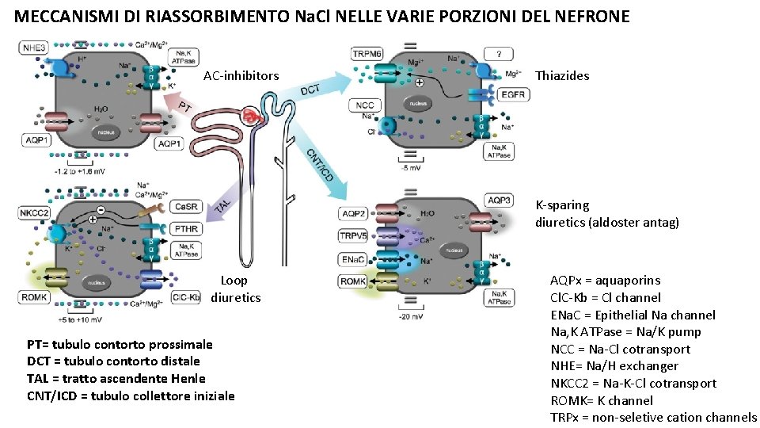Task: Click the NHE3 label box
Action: (34, 48)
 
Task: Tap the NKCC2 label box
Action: (34, 212)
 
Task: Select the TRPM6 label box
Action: (367, 53)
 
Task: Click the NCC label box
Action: (365, 105)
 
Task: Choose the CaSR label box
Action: (185, 208)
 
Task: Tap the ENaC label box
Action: (352, 259)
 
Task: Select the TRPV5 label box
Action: (352, 236)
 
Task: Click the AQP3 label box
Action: (499, 200)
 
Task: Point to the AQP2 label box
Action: (352, 213)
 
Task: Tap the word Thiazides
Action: (562, 76)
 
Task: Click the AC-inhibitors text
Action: (241, 76)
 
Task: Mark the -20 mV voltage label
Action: (411, 316)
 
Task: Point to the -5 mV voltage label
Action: (411, 167)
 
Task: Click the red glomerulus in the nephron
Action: (253, 117)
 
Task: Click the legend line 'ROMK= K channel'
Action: (602, 400)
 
